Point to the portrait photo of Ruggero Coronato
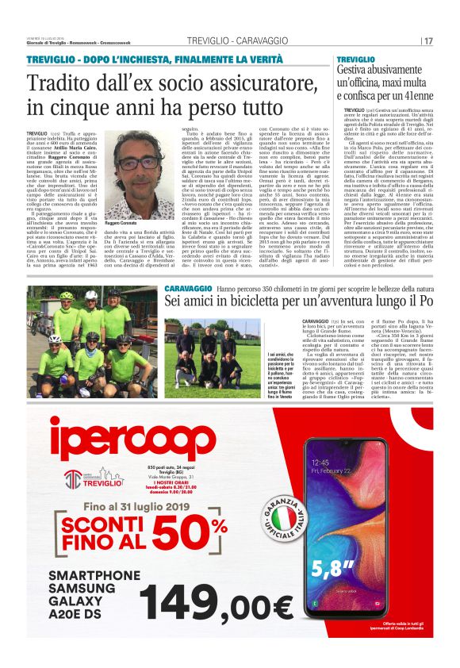tap(123, 166)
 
